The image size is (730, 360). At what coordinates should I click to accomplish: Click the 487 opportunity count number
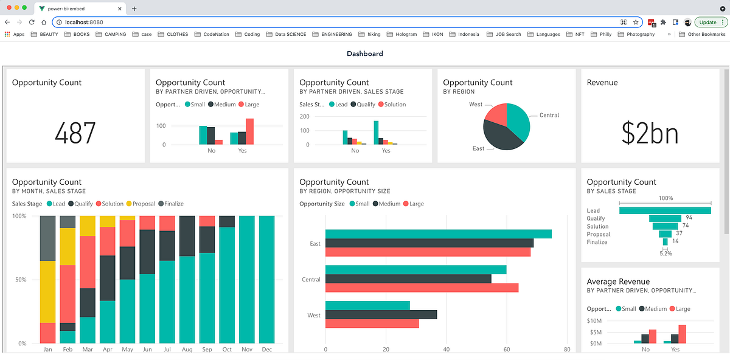tap(75, 133)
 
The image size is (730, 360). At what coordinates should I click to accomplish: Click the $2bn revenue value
tap(650, 133)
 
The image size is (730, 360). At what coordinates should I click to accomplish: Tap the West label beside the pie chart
tap(476, 105)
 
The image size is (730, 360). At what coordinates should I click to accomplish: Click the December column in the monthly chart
tap(266, 280)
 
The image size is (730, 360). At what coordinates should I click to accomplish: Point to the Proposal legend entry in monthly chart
tap(144, 204)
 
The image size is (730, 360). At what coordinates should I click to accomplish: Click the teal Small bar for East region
tap(438, 234)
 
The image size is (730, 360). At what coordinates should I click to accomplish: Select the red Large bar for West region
tap(372, 324)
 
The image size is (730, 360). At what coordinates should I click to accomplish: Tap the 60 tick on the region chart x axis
tap(506, 350)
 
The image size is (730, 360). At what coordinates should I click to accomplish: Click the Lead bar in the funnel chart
tap(665, 210)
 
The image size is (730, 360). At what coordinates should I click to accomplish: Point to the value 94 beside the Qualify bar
tap(689, 218)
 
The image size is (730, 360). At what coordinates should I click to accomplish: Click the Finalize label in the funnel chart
tap(597, 242)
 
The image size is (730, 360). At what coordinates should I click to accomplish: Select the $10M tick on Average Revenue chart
tap(594, 320)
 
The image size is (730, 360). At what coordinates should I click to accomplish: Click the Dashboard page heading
tap(365, 54)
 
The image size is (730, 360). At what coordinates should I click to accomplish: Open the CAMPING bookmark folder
tap(115, 35)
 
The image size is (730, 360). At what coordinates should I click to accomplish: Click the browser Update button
tap(708, 22)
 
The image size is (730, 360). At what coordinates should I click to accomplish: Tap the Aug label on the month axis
tap(187, 350)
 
